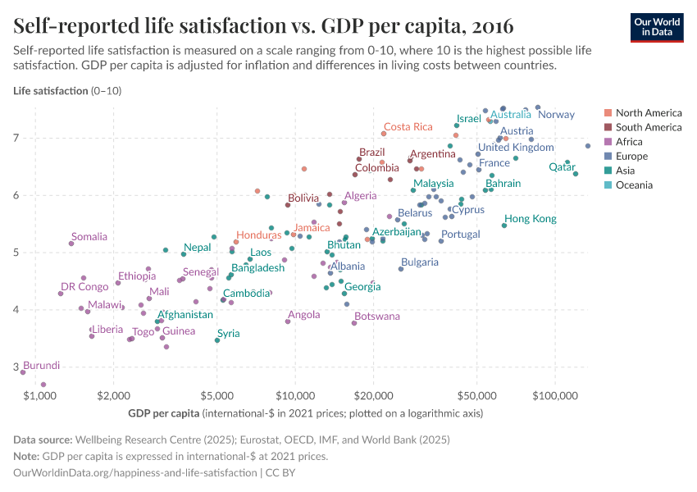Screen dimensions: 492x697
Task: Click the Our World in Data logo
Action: click(x=656, y=26)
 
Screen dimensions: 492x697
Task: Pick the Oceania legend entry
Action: click(x=634, y=185)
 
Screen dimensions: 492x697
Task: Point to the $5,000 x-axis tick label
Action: click(x=216, y=395)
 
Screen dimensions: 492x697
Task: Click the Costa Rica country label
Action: click(x=408, y=126)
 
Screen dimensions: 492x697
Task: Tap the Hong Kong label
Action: click(x=530, y=219)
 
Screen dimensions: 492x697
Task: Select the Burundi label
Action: click(x=41, y=365)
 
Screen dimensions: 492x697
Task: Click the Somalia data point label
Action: click(x=89, y=236)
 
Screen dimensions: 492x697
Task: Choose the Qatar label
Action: click(x=562, y=166)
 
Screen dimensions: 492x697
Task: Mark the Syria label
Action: click(x=228, y=333)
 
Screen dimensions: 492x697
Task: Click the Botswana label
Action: click(x=376, y=316)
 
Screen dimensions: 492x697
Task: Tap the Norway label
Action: click(x=556, y=114)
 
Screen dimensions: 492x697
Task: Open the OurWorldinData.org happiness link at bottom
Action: click(x=135, y=473)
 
